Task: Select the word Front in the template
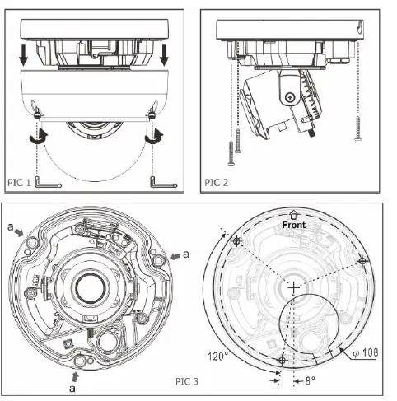point(295,224)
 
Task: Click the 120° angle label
point(218,357)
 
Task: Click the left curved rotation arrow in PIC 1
point(35,141)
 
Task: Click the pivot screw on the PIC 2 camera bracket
point(290,98)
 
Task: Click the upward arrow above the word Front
point(295,212)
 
